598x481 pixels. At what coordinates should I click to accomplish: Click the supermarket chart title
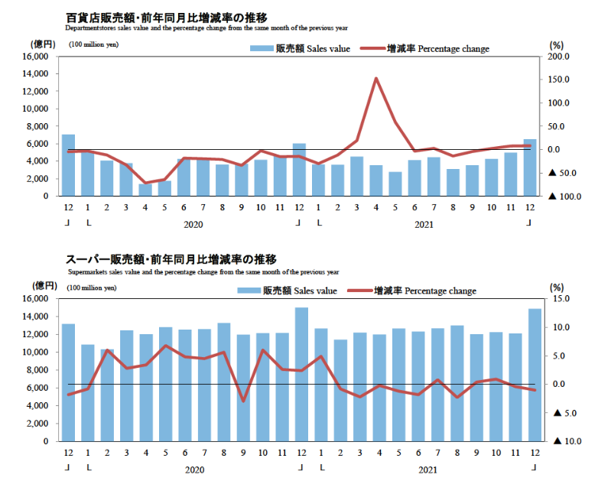coord(171,259)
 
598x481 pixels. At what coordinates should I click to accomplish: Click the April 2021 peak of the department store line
coord(376,78)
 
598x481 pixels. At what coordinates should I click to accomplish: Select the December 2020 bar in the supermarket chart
coord(301,374)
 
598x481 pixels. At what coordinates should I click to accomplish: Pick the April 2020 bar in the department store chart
coord(145,190)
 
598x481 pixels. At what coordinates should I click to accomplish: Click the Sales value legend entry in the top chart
coord(301,49)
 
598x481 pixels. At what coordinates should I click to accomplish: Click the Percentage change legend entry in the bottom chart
coord(412,291)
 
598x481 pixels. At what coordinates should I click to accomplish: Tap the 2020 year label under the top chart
coord(194,226)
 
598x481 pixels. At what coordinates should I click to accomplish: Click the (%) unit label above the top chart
coord(556,44)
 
